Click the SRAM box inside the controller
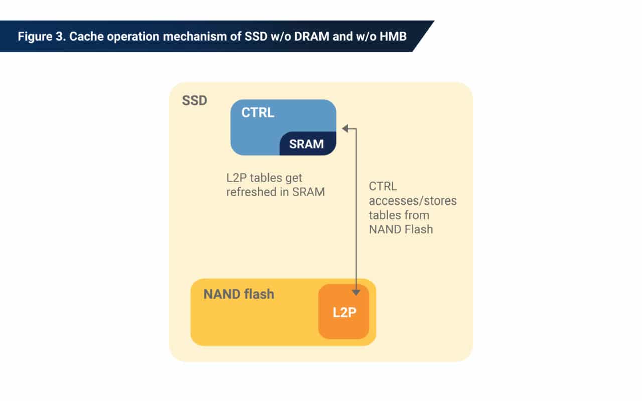(306, 144)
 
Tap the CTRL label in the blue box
(258, 113)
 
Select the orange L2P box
(344, 312)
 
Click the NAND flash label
(239, 294)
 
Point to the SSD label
(194, 100)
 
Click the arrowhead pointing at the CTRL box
(345, 129)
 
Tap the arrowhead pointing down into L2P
(356, 292)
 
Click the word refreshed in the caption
(249, 192)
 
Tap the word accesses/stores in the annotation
(413, 201)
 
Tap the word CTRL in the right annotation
(383, 187)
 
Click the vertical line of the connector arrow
(356, 211)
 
